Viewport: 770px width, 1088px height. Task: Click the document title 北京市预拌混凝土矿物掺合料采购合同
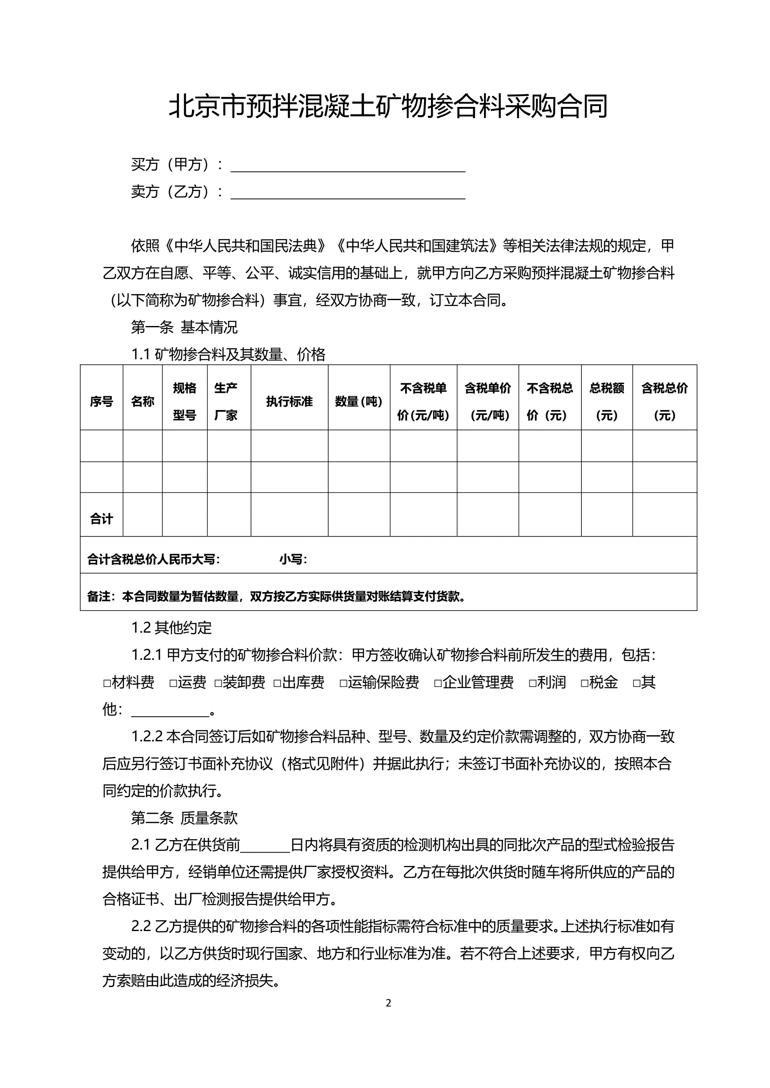click(388, 106)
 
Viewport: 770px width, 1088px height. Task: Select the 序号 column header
click(101, 402)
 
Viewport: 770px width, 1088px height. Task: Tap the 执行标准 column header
click(289, 402)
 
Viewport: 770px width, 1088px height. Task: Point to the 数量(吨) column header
click(358, 402)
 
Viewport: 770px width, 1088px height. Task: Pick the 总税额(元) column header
click(607, 402)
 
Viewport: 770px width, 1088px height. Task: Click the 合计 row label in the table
click(101, 519)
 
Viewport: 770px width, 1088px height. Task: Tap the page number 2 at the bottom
click(388, 1003)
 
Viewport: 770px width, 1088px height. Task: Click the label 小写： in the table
click(293, 560)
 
